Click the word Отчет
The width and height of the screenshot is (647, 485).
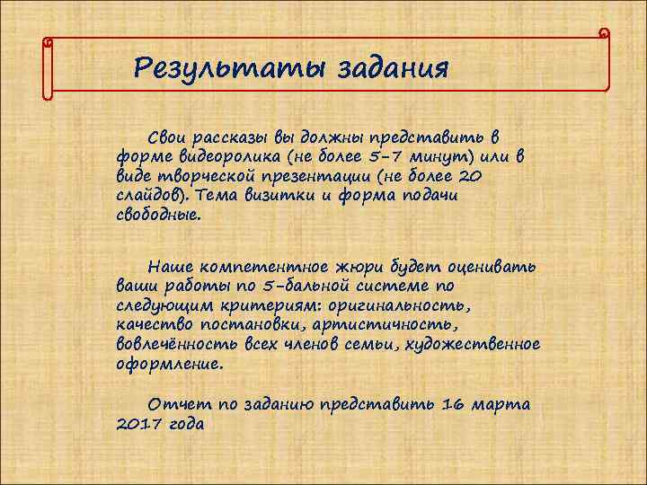click(x=179, y=405)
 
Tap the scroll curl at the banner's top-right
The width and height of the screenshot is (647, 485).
click(x=605, y=34)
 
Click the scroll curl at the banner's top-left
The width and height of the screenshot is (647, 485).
click(x=47, y=42)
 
